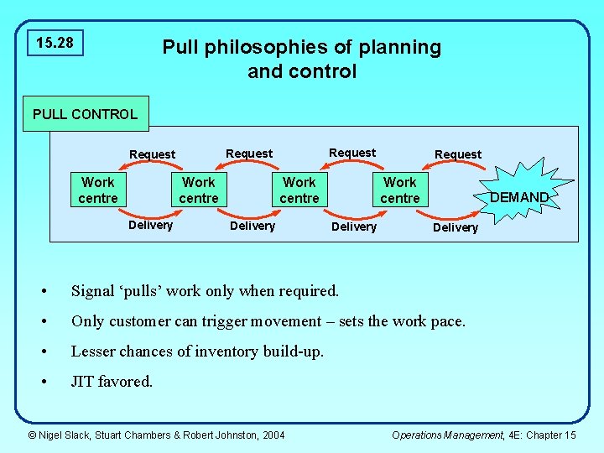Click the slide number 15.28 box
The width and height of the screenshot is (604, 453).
coord(55,42)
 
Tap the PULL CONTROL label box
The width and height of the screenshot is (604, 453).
coord(85,114)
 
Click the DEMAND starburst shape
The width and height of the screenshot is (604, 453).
coord(518,197)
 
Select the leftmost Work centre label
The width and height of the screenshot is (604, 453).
coord(98,190)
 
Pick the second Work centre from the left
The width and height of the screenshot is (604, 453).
coord(199,190)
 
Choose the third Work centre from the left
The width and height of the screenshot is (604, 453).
coord(299,190)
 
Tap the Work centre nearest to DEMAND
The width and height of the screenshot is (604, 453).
coord(400,190)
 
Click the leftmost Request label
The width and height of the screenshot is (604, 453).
coord(153,154)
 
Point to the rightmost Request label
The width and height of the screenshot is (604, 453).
coord(458,154)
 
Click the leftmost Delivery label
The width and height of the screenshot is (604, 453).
coord(150,225)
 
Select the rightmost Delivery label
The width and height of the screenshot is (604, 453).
coord(455,227)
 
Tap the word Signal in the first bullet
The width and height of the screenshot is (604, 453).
coord(93,291)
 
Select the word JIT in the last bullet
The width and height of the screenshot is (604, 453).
coord(83,382)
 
